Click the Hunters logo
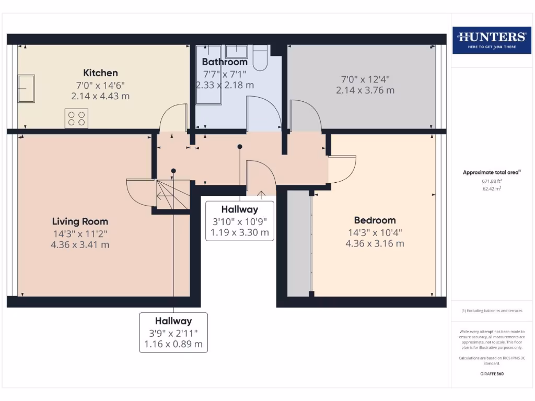tap(491, 40)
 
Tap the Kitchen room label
tap(100, 73)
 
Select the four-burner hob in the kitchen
tap(76, 118)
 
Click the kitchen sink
tap(26, 88)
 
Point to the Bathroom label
tap(225, 62)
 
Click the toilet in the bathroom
tap(260, 57)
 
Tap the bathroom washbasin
tap(237, 51)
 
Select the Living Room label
tap(80, 221)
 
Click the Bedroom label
tap(375, 220)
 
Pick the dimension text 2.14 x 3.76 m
tap(365, 90)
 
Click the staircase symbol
tap(173, 195)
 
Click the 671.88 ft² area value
tap(491, 181)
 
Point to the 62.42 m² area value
tap(491, 188)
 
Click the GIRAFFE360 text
tap(491, 374)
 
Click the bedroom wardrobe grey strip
tap(299, 243)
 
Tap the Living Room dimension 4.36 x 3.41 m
tap(80, 244)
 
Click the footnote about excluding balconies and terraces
tap(491, 311)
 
